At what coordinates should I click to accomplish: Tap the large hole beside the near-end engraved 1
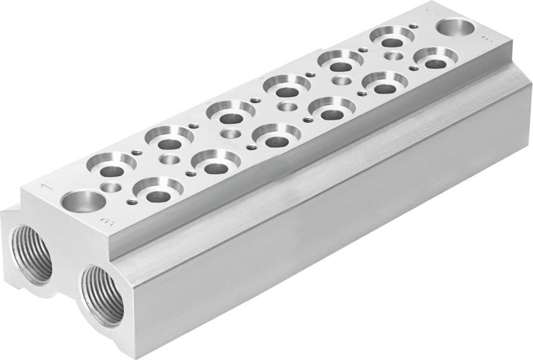[83, 201]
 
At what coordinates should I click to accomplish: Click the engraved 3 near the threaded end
[107, 221]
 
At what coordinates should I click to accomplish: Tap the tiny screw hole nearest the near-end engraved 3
[132, 202]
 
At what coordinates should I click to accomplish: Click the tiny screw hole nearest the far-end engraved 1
[413, 26]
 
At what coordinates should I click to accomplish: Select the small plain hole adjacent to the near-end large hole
[110, 187]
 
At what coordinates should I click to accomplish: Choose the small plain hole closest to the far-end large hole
[393, 56]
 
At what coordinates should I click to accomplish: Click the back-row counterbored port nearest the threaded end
[112, 163]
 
